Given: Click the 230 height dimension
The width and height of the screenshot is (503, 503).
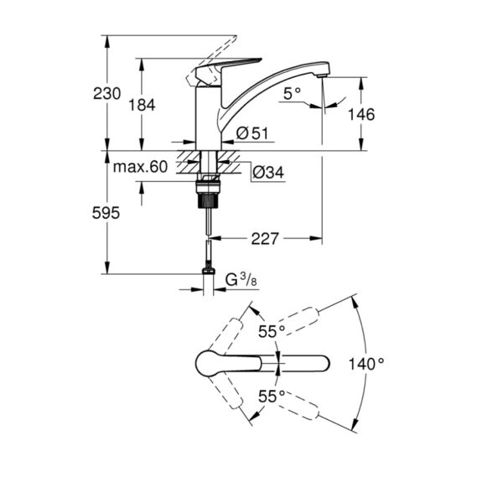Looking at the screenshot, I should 86,93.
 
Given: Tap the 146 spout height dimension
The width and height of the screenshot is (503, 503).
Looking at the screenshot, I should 363,114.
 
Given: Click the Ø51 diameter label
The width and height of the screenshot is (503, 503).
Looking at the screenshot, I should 251,132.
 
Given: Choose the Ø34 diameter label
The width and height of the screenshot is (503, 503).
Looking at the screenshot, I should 268,173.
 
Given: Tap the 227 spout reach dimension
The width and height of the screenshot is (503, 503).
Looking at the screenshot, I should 265,239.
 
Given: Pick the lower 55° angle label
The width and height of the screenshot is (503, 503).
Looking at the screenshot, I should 271,394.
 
